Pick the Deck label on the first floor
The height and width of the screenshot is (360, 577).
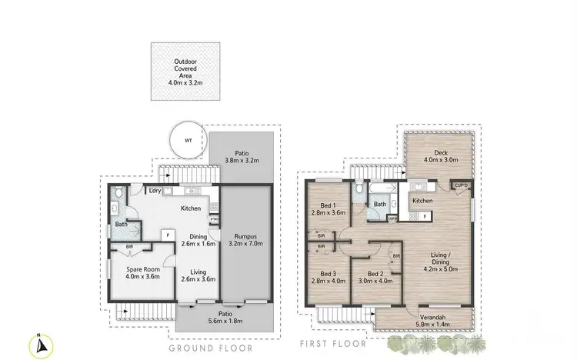coord(440,152)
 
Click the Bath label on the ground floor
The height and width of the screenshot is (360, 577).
coord(120,224)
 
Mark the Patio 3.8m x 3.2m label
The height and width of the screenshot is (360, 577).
coord(242,158)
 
